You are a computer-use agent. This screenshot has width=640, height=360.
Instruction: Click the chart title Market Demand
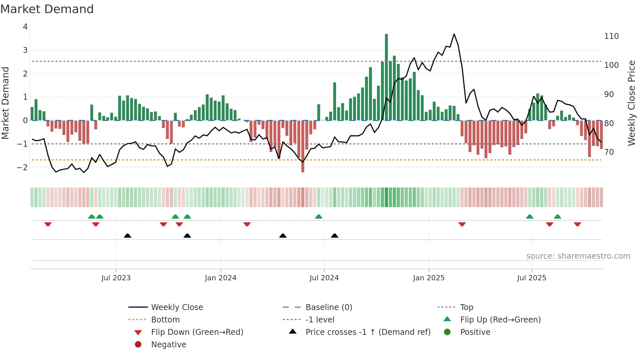(47, 9)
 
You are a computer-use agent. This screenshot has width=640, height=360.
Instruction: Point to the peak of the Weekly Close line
(454, 34)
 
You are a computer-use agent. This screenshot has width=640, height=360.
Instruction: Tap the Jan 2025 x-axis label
(428, 278)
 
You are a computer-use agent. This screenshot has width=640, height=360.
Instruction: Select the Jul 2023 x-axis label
(116, 278)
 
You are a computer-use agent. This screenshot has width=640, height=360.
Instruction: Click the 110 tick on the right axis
(611, 36)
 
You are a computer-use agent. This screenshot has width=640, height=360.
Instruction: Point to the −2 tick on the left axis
(23, 167)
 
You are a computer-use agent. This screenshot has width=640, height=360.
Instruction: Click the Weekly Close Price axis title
(632, 103)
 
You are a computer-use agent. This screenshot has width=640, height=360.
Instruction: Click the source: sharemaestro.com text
(578, 256)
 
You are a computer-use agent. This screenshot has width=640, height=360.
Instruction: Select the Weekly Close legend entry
(177, 307)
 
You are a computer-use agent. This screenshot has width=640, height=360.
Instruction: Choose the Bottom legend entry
(165, 320)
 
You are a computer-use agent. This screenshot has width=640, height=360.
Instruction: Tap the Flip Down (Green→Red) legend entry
(197, 332)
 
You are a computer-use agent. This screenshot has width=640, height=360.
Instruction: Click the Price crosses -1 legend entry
(368, 332)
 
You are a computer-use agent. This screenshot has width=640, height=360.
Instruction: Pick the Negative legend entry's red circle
(138, 345)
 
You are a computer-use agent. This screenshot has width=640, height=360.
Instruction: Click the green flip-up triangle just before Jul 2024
(319, 217)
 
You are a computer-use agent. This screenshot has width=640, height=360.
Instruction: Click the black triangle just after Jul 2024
(334, 236)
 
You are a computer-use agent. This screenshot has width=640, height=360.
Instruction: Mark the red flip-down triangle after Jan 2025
(462, 224)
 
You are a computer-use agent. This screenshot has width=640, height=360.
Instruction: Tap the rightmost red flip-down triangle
(577, 224)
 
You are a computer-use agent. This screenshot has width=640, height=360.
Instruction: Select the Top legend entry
(466, 307)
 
